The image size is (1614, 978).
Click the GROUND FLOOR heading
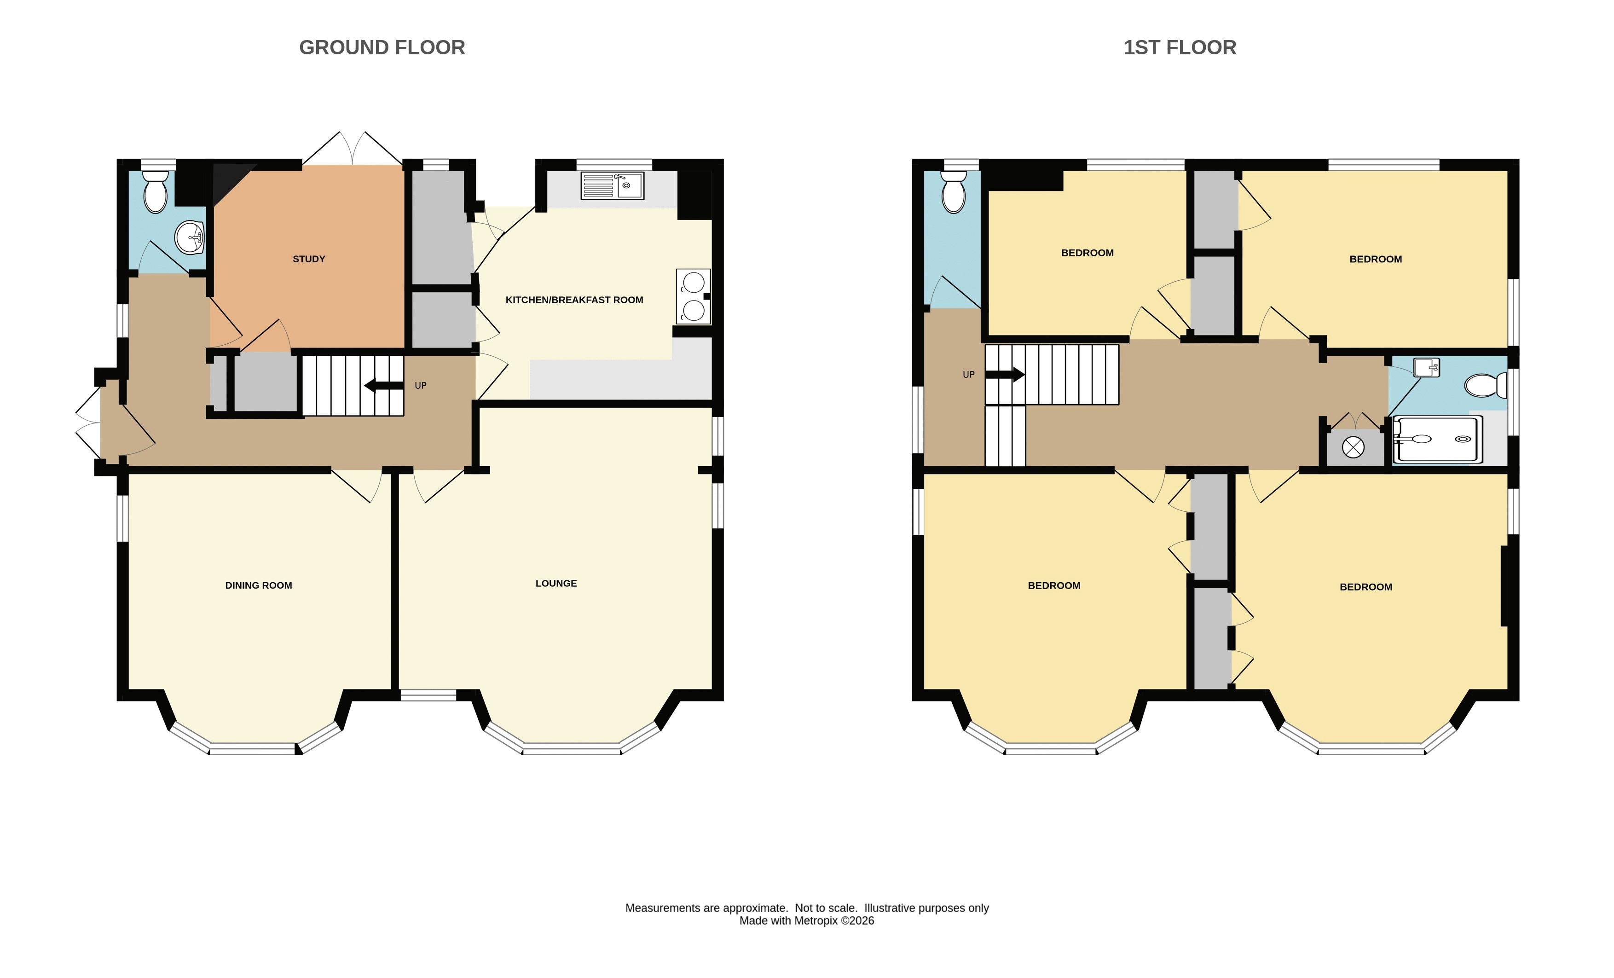tap(382, 47)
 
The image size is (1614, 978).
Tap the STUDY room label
tap(308, 259)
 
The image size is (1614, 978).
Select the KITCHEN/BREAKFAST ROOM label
tap(574, 300)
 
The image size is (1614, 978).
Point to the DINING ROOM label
tap(259, 585)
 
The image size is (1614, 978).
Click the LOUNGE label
tap(556, 583)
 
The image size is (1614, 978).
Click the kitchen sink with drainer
tap(613, 185)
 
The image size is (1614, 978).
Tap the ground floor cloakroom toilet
tap(155, 192)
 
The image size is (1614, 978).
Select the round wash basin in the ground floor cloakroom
tap(190, 237)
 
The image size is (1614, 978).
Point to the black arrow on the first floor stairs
tap(1005, 375)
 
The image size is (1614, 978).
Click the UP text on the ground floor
tap(421, 386)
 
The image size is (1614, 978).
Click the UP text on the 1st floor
tap(969, 375)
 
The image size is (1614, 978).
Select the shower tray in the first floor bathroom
tap(1436, 439)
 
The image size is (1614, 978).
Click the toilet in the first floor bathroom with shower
tap(1486, 385)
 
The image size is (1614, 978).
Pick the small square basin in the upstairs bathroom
tap(1426, 367)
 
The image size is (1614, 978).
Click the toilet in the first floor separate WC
tap(953, 192)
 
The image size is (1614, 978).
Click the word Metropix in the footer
tap(816, 920)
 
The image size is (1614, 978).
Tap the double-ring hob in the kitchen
tap(693, 297)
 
